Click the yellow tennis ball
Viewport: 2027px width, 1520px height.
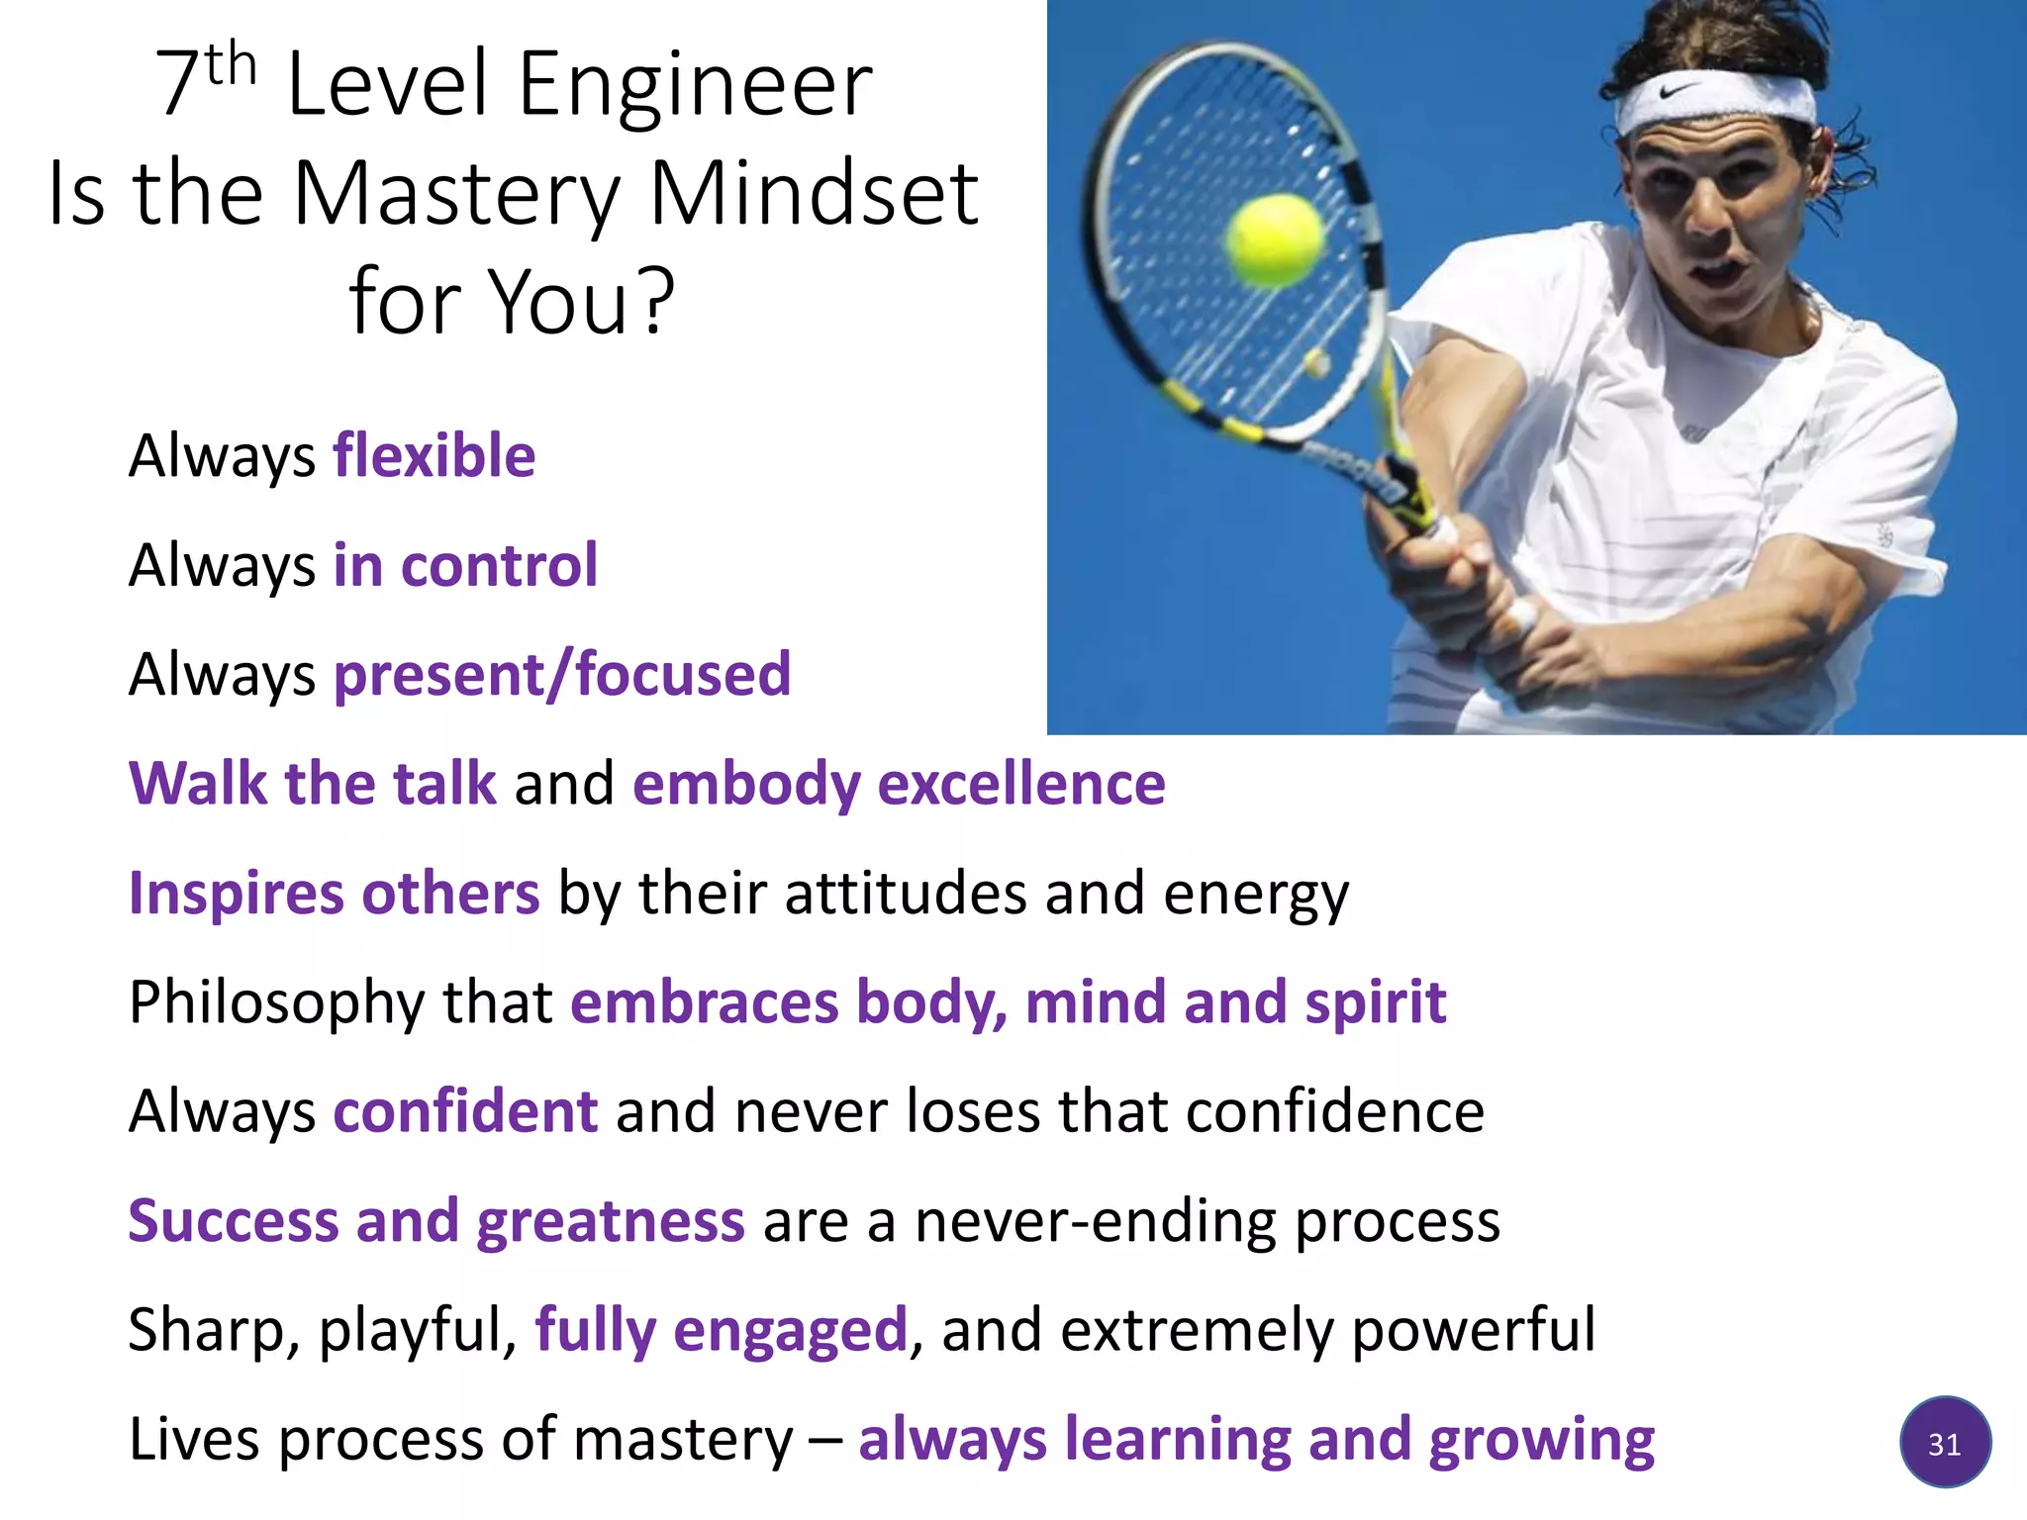pos(1275,239)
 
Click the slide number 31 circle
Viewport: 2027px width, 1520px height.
pos(1945,1444)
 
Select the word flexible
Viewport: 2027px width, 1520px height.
pos(434,456)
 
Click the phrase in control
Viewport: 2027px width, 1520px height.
pos(465,565)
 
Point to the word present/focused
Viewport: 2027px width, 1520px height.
pos(562,675)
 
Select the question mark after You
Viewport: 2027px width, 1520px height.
pos(656,302)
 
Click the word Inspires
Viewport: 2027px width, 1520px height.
pos(236,894)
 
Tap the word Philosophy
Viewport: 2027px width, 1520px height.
pos(276,1003)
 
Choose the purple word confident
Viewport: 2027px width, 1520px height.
pos(465,1111)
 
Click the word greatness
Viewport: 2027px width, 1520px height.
pos(610,1221)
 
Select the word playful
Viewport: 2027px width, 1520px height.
pos(417,1330)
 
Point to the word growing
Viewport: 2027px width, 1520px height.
pos(1541,1440)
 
